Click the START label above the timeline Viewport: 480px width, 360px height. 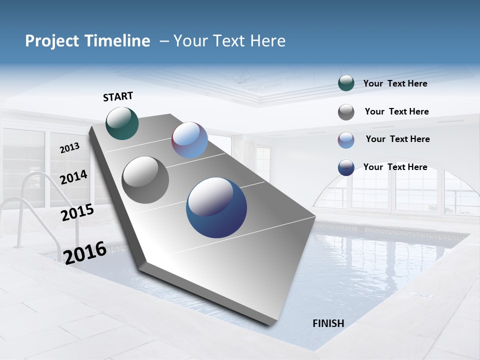[x=118, y=96]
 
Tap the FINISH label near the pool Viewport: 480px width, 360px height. [x=328, y=323]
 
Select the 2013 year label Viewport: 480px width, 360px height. [x=69, y=148]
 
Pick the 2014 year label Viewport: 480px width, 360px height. [x=74, y=177]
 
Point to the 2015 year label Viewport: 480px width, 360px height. [x=77, y=212]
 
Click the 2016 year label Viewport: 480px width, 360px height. [x=85, y=252]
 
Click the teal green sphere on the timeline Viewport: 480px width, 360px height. [x=122, y=123]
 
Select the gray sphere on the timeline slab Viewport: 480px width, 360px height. [x=145, y=180]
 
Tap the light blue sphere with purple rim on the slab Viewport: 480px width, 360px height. [x=189, y=140]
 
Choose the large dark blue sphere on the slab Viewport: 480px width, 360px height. [x=216, y=207]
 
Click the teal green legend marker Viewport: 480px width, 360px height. [x=346, y=83]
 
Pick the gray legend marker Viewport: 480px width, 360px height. [x=346, y=112]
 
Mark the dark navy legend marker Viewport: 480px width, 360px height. [x=346, y=168]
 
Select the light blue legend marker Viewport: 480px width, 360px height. [x=346, y=140]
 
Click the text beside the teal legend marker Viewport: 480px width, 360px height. [x=395, y=84]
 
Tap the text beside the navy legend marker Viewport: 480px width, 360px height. [x=395, y=167]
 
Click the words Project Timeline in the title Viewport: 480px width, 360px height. [x=87, y=41]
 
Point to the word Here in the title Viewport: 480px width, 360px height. [x=267, y=41]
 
